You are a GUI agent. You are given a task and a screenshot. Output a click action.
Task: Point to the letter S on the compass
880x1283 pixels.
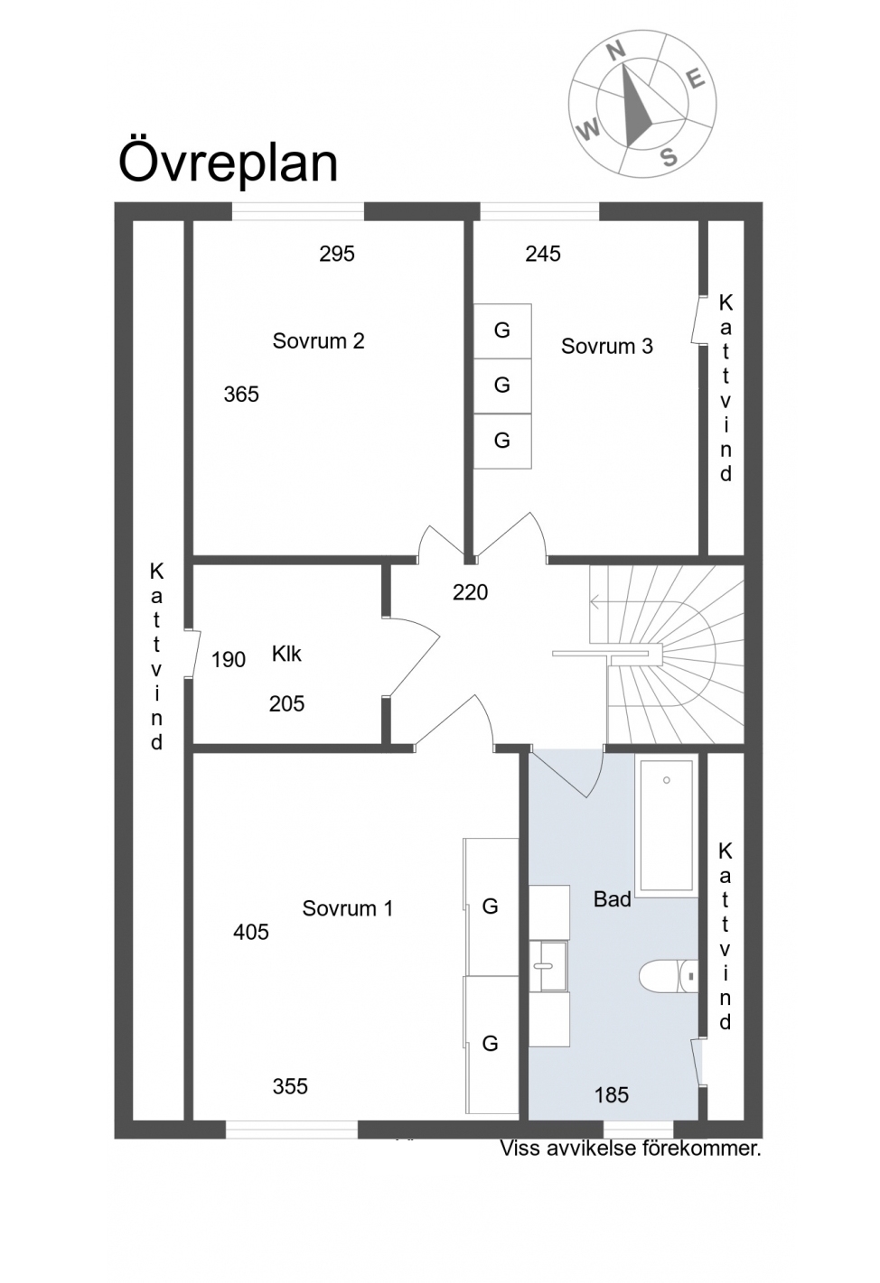(669, 156)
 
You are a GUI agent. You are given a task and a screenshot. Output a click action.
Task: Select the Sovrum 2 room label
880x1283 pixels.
(318, 340)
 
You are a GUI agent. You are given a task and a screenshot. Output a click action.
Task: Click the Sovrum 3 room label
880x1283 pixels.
(606, 346)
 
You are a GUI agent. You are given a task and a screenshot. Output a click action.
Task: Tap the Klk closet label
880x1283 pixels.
(286, 654)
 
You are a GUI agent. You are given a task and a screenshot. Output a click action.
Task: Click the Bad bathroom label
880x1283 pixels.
(613, 899)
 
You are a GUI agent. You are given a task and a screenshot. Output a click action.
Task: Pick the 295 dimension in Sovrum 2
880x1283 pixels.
(337, 254)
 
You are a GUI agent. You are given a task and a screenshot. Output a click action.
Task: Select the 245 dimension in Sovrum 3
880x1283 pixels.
(543, 254)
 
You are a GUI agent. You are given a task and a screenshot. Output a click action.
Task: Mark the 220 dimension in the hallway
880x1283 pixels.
(470, 592)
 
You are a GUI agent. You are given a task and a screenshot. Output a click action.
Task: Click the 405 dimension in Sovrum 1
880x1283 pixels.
(251, 933)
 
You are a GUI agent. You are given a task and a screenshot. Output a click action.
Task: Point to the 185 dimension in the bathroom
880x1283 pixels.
(612, 1095)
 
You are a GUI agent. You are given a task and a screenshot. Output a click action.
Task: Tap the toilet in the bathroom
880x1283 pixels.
(669, 975)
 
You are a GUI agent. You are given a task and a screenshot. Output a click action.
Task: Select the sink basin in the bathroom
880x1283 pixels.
(548, 966)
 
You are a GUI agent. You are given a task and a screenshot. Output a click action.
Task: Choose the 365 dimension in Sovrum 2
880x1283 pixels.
(241, 395)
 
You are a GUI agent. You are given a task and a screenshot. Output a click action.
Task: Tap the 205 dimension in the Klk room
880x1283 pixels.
(286, 704)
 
